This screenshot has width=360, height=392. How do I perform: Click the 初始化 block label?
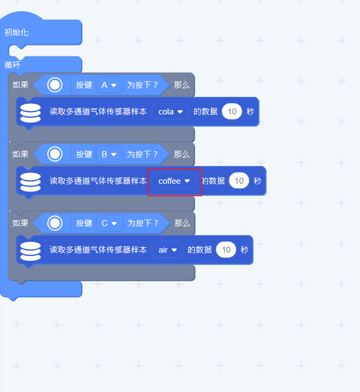tap(17, 33)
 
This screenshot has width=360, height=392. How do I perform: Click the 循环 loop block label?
tap(13, 65)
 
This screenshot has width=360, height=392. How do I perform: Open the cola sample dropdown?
tap(170, 112)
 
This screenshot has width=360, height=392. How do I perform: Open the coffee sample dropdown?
tap(174, 181)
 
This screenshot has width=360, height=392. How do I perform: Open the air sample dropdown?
tap(167, 250)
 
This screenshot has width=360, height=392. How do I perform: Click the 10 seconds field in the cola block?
tap(232, 112)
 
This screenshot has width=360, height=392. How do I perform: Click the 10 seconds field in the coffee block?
tap(239, 181)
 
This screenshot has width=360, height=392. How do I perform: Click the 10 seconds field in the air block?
tap(226, 250)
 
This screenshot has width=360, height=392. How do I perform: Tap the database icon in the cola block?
tap(30, 112)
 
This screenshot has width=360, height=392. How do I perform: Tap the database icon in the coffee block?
tap(30, 181)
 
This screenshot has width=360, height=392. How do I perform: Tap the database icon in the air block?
tap(30, 250)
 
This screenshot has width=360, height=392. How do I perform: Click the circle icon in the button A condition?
tap(55, 85)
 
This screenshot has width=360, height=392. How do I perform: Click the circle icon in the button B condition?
tap(55, 155)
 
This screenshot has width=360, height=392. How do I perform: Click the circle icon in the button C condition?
tap(55, 223)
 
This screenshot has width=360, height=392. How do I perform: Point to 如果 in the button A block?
tap(21, 85)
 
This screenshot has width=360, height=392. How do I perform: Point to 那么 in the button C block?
tap(182, 223)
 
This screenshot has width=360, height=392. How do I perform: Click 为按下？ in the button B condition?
tap(143, 155)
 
